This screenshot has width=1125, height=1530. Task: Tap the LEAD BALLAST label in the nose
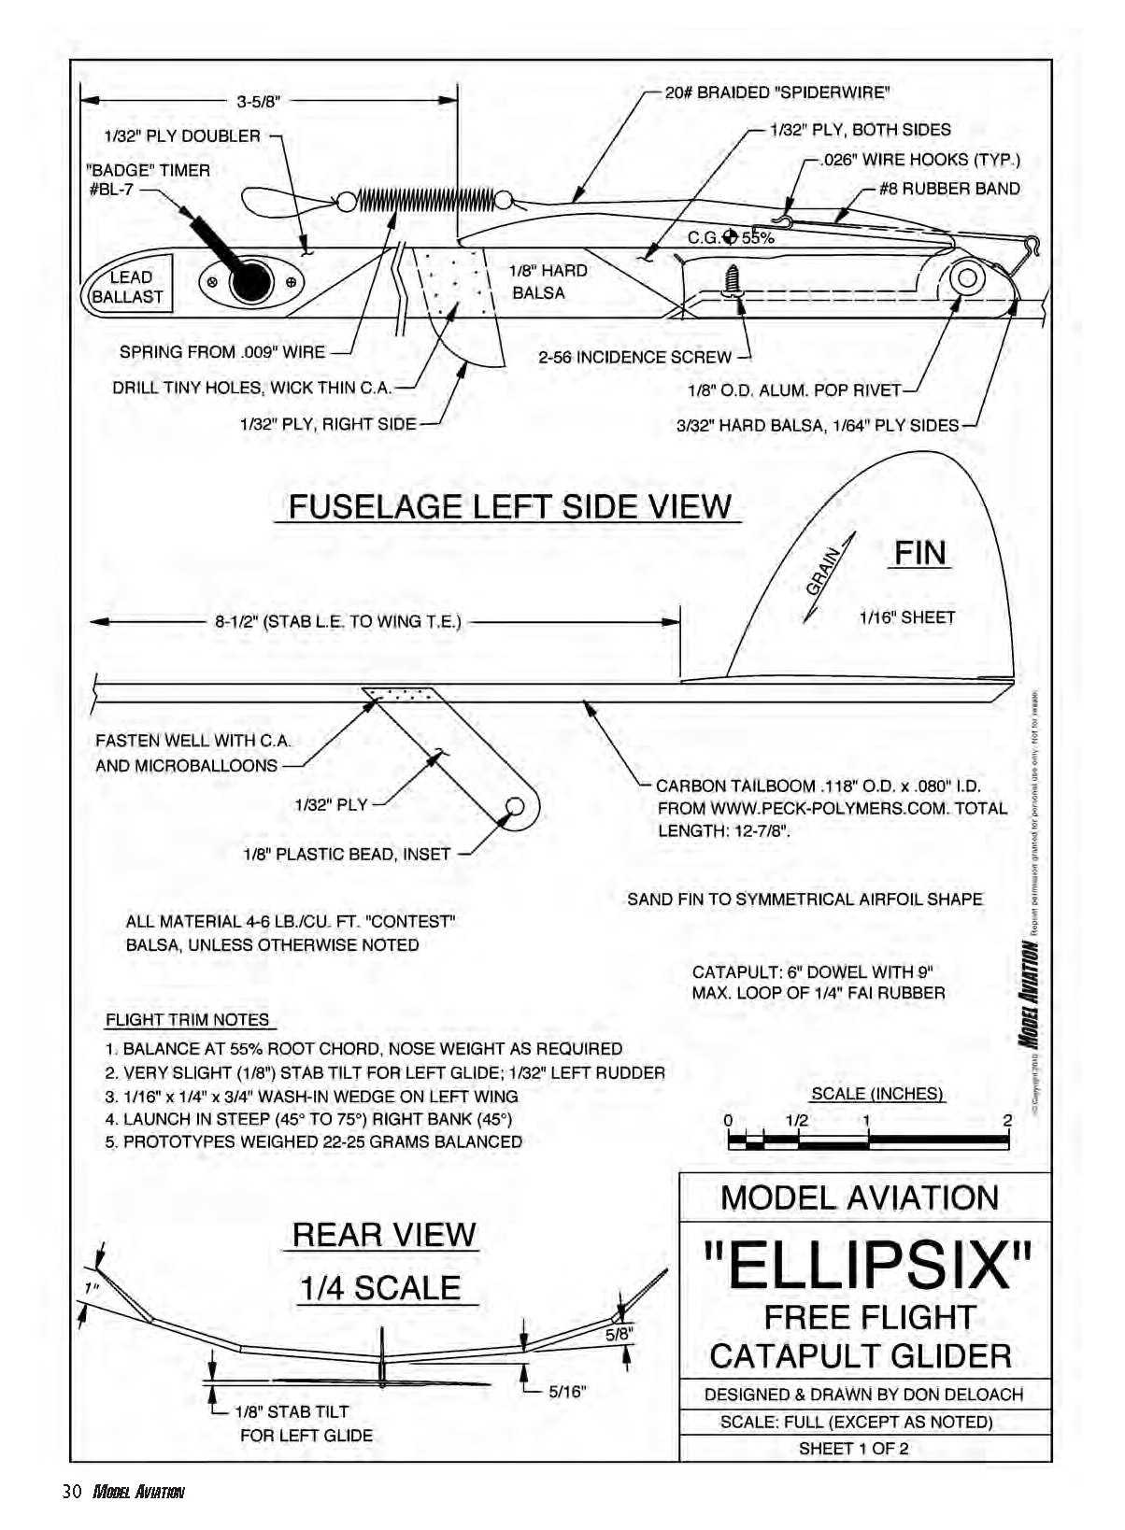tap(129, 287)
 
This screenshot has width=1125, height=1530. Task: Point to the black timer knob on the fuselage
tap(249, 281)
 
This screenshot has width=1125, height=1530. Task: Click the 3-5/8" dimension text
tap(258, 102)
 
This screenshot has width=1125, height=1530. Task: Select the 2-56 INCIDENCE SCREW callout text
tap(634, 357)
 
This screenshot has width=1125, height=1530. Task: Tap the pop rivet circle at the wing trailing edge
tap(967, 278)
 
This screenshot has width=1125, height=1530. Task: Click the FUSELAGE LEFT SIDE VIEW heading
tap(509, 506)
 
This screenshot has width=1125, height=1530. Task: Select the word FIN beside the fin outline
tap(919, 553)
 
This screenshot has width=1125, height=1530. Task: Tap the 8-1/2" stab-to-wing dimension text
tap(338, 621)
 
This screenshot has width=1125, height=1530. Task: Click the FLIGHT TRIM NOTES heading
tap(187, 1020)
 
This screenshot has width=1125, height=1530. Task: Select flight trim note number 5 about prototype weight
tap(314, 1141)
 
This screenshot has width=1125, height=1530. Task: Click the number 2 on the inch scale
tap(1006, 1121)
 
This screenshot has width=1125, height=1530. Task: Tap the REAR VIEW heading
tap(383, 1235)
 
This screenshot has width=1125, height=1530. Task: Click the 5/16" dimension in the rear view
tap(566, 1392)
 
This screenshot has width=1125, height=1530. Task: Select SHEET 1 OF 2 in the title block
tap(853, 1449)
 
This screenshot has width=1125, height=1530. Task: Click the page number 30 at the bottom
tap(73, 1492)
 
